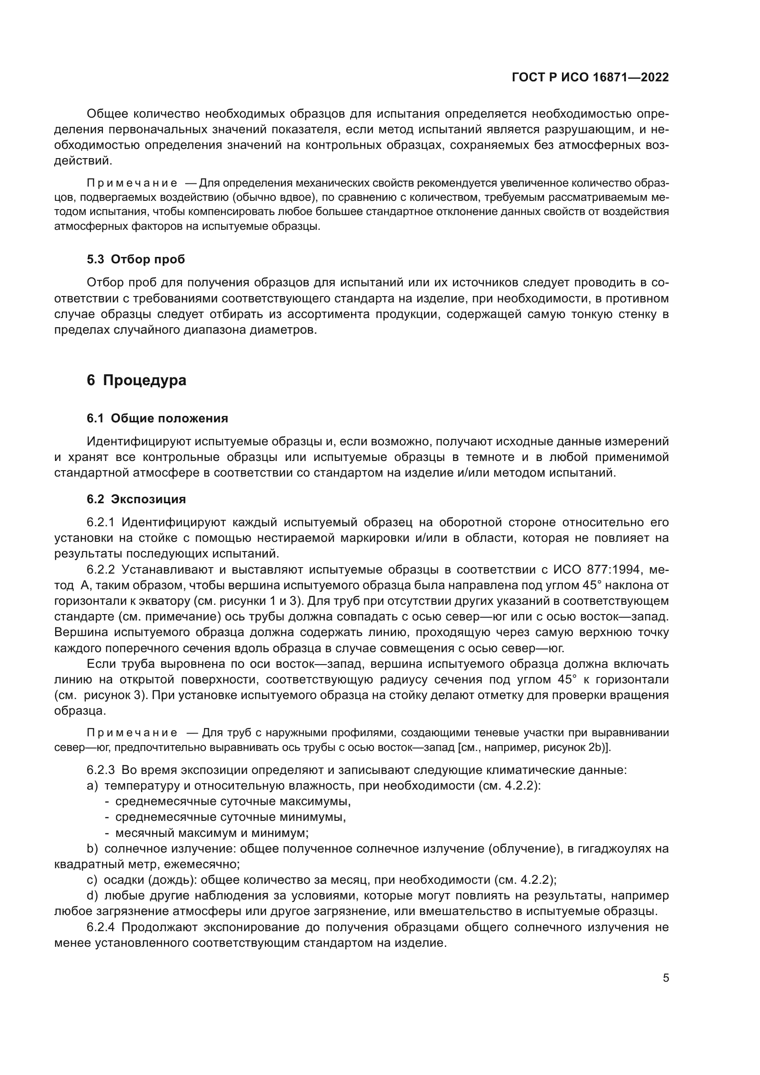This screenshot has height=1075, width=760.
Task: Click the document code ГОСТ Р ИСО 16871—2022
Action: tap(590, 77)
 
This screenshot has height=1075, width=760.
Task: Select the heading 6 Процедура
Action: tap(136, 380)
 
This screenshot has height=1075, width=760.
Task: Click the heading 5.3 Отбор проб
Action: tap(136, 259)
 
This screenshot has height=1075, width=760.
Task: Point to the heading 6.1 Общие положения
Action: tap(157, 419)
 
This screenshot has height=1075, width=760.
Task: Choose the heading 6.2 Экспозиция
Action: tap(136, 499)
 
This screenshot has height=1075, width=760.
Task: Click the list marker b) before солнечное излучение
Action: tap(92, 849)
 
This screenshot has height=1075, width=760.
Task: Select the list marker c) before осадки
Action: tap(92, 880)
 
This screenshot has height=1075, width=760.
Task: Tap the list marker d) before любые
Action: tap(92, 896)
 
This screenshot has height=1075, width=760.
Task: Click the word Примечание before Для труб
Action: tap(132, 733)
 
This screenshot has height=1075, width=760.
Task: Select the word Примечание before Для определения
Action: tap(132, 182)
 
